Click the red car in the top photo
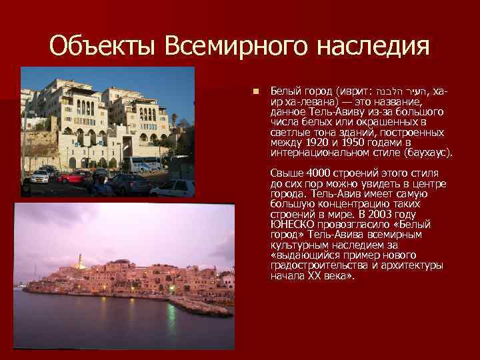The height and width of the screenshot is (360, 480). [73, 177]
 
